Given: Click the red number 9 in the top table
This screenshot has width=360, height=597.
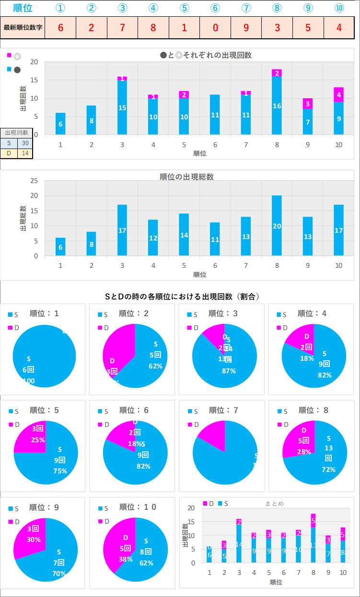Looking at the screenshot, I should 246,27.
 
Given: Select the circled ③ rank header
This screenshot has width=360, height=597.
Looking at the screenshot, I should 122,8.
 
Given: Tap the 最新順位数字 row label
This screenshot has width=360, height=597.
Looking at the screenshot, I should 23,27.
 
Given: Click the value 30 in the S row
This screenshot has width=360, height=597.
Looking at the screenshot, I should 25,143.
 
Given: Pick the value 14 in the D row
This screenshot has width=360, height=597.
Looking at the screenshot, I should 25,153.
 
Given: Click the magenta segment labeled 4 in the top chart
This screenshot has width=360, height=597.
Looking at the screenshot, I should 339,94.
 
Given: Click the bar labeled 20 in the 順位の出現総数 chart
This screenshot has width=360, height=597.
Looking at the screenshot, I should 277,226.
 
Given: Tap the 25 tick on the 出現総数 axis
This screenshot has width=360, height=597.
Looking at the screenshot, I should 34,181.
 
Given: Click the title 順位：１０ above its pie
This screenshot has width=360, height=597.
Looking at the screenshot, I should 138,507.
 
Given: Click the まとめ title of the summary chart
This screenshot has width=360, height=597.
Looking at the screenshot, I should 274,504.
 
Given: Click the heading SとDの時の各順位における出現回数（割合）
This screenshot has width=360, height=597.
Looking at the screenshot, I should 183,297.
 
